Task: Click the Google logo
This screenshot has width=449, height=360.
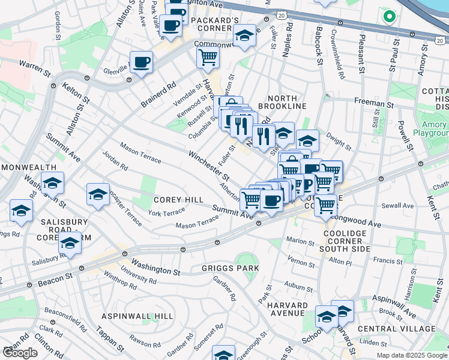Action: pos(20,353)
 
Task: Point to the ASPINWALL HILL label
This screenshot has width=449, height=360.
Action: pos(137,316)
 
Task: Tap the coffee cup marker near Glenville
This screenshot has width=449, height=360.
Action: pos(142,62)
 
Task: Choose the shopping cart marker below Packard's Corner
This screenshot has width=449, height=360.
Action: pos(208,58)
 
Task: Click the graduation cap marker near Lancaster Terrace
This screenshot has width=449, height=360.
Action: pos(98,194)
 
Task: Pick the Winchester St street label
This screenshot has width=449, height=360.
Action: pos(209,166)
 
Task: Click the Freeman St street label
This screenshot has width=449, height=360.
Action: pos(374,104)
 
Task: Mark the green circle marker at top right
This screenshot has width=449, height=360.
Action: pos(389,16)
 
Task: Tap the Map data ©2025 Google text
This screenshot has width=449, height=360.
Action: pos(411,355)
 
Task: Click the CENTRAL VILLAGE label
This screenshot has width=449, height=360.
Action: pos(396,329)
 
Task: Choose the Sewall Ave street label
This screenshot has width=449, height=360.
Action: pos(400,206)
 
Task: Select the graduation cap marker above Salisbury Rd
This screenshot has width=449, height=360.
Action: pos(70,244)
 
